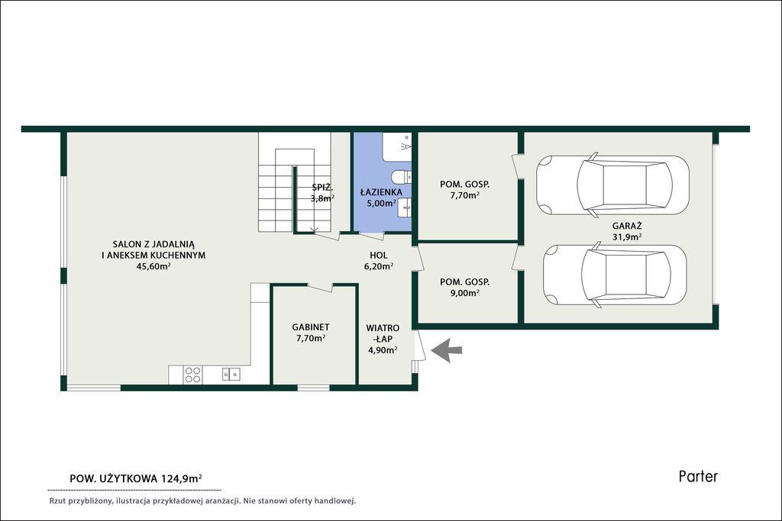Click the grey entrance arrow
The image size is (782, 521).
(x=447, y=350)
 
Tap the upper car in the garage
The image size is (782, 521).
(x=612, y=185)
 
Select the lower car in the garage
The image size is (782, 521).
(x=615, y=275)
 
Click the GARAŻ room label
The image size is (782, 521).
(x=627, y=226)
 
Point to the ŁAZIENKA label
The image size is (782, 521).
(x=382, y=191)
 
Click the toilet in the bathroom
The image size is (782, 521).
(x=402, y=177)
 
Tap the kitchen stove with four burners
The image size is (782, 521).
(x=192, y=375)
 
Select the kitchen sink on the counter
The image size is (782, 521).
(x=231, y=374)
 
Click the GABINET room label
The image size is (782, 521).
(x=311, y=327)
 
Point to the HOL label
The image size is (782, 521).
(x=379, y=255)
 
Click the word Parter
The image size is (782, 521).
(x=698, y=476)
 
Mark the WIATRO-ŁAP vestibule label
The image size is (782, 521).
(x=383, y=333)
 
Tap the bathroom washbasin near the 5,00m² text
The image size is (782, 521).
(x=405, y=207)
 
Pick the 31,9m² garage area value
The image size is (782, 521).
(x=627, y=237)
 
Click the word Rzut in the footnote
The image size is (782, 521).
(x=58, y=500)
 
